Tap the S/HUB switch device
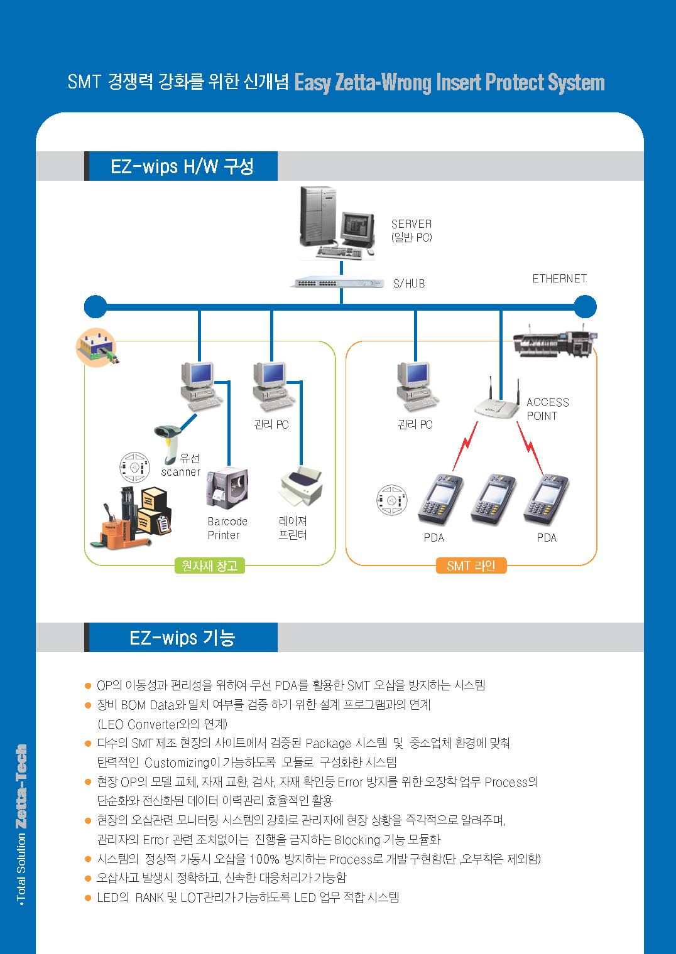(x=338, y=283)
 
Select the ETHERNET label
(x=559, y=279)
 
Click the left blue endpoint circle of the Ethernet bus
(x=95, y=307)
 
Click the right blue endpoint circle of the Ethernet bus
(x=585, y=307)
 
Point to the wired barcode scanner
(x=169, y=440)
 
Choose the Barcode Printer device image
(x=227, y=487)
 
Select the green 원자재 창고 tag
(x=209, y=565)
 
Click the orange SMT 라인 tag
(x=471, y=565)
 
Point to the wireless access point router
(x=498, y=405)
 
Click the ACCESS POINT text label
(x=547, y=409)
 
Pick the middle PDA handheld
(x=493, y=499)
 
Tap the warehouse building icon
(x=96, y=347)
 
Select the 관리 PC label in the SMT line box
(x=415, y=424)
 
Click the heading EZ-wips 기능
(x=182, y=638)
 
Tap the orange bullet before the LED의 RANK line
(x=88, y=898)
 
